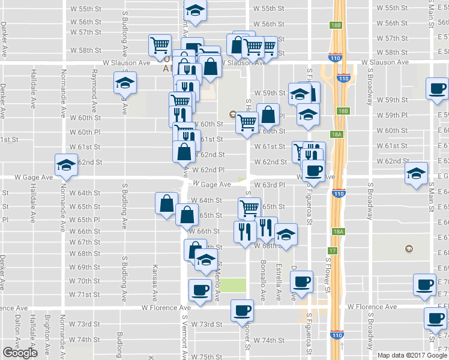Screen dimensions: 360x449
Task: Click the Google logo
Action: (x=20, y=353)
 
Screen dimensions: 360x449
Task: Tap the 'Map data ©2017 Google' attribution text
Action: (x=412, y=355)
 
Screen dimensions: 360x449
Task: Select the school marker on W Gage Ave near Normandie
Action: (x=67, y=164)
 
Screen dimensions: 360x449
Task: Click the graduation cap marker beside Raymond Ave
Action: (x=125, y=83)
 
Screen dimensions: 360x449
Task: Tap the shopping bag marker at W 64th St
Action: (x=166, y=203)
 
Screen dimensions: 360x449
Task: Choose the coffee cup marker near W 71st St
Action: (x=200, y=290)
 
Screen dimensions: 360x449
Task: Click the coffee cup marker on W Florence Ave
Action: (x=243, y=310)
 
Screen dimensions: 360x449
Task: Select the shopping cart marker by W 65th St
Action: (x=250, y=208)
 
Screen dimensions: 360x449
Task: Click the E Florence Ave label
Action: (x=372, y=307)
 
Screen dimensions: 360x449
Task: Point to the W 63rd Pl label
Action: (x=268, y=185)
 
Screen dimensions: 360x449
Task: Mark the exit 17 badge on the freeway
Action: (x=333, y=251)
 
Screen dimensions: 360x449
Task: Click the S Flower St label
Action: (x=328, y=275)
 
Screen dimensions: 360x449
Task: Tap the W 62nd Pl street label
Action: (x=208, y=170)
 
